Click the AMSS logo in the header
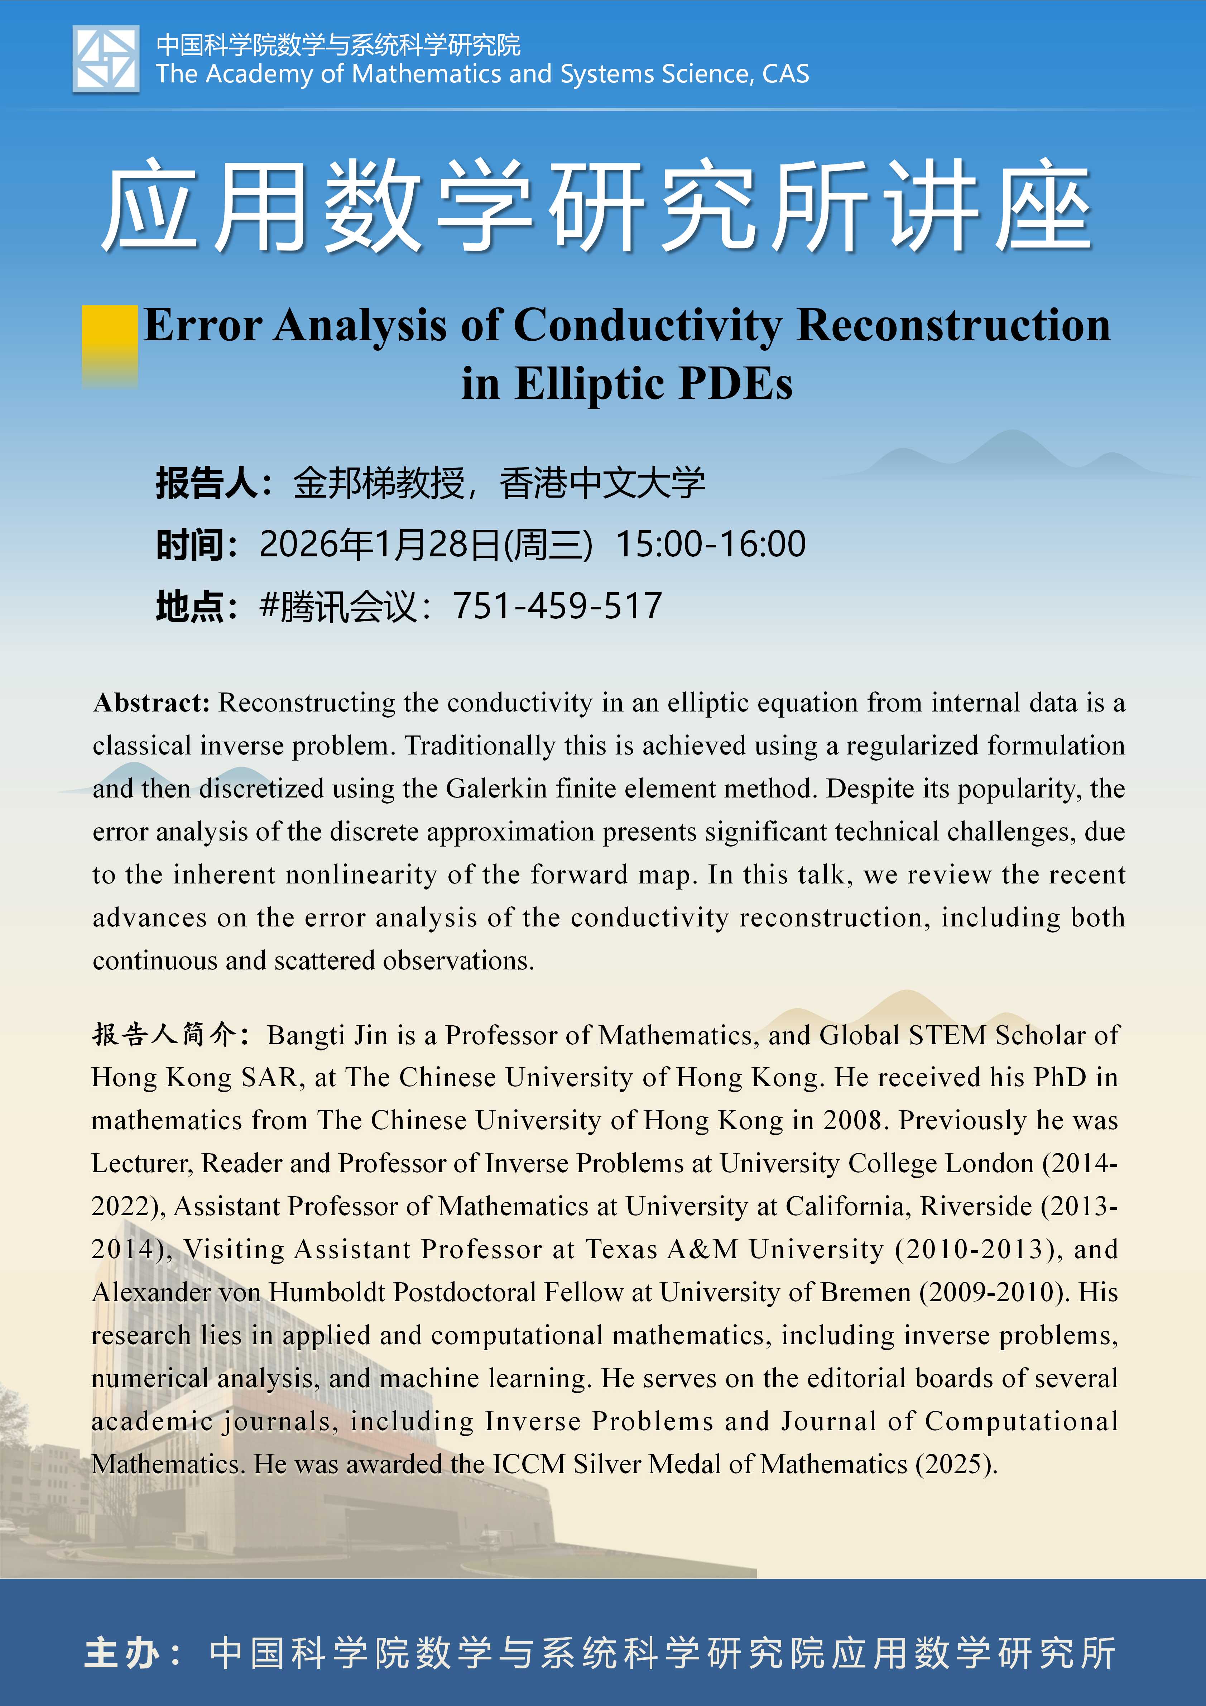[x=106, y=59]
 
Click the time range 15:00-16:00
[x=710, y=544]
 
